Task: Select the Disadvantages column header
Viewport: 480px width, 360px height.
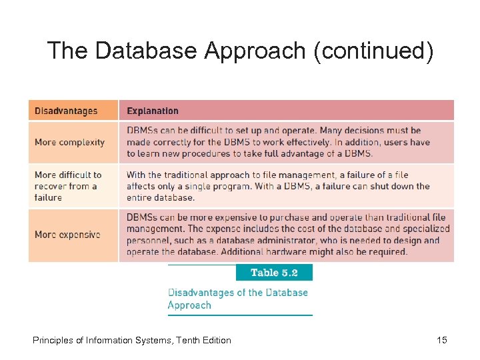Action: pyautogui.click(x=66, y=111)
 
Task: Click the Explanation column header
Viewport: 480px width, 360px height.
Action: pyautogui.click(x=153, y=111)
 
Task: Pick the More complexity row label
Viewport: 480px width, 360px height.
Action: pyautogui.click(x=69, y=142)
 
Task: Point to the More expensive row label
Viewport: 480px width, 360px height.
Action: pyautogui.click(x=67, y=235)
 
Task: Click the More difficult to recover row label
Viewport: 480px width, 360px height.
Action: pyautogui.click(x=68, y=186)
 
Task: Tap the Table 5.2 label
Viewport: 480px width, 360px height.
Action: pyautogui.click(x=274, y=273)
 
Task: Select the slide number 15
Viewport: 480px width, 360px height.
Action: pyautogui.click(x=441, y=340)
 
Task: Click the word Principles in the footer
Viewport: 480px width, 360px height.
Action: pyautogui.click(x=53, y=340)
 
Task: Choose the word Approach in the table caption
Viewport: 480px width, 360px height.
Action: pyautogui.click(x=189, y=305)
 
